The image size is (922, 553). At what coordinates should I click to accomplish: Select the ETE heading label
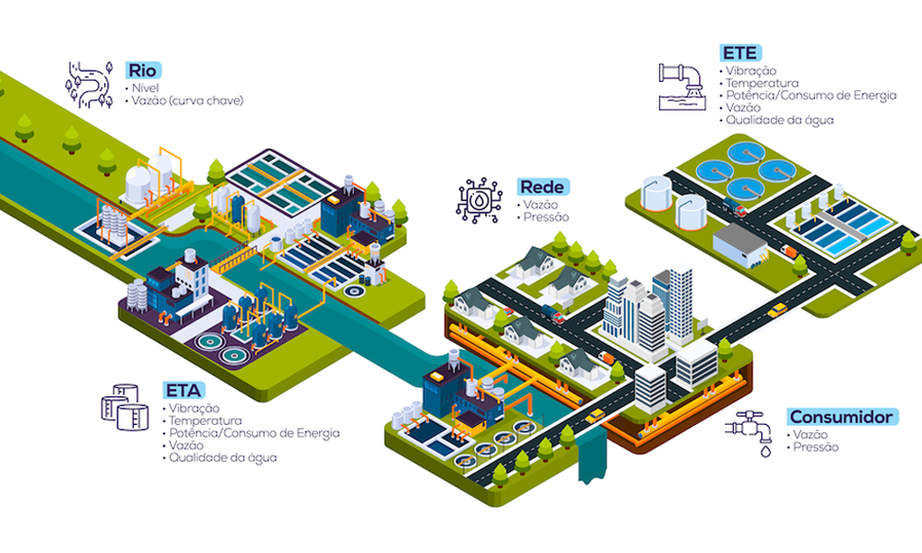click(739, 53)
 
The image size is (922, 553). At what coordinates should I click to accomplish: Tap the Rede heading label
click(543, 187)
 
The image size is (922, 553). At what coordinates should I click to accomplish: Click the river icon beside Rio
click(89, 81)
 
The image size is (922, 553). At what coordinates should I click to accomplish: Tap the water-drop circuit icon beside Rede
click(479, 200)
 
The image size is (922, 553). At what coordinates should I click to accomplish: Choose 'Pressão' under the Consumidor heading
click(816, 447)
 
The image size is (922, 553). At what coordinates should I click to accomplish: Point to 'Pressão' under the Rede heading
click(546, 217)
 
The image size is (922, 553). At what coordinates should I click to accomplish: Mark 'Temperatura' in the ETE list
click(761, 83)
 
